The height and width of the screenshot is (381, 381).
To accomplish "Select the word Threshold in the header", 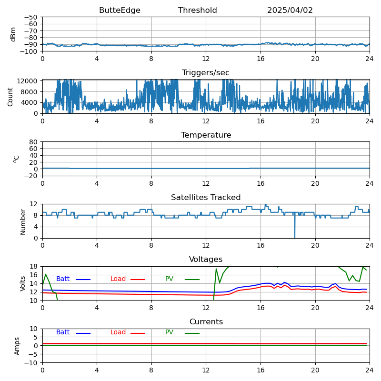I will coord(197,10).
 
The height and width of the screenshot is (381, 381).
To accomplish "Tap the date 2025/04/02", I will coord(290,10).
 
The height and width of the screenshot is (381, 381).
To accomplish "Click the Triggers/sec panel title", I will coord(206,73).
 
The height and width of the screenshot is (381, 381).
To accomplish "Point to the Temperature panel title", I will coord(206,135).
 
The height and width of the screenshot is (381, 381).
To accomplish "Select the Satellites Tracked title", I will coord(206,198).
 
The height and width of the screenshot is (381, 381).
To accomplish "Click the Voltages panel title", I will coord(206,260).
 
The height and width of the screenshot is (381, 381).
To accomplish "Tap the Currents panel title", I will coord(206,322).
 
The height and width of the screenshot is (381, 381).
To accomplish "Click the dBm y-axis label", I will coord(13,34).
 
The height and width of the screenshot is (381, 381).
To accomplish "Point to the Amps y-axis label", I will coord(17,346).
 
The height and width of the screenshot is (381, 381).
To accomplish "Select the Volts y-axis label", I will coord(23,283).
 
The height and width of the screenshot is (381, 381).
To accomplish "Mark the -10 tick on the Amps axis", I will coord(32,363).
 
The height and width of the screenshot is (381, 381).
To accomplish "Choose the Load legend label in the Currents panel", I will coord(118,332).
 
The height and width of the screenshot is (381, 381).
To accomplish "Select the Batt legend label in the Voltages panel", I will coord(63,279).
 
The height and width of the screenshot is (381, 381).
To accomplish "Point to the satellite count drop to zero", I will coord(294,237).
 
